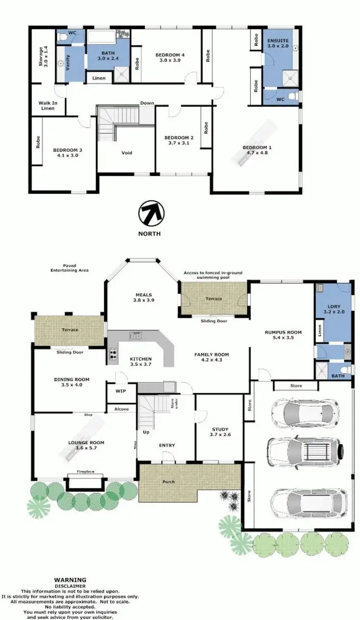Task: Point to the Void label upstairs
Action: click(126, 153)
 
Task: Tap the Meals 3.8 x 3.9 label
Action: click(144, 297)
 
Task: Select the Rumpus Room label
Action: click(283, 334)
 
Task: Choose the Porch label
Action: click(168, 481)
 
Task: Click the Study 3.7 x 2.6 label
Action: click(220, 432)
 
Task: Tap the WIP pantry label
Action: click(120, 391)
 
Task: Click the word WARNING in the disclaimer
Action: click(70, 580)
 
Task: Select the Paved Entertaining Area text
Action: click(69, 268)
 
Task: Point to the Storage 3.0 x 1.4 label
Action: click(43, 57)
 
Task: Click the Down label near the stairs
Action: click(147, 103)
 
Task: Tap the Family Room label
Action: click(211, 357)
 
